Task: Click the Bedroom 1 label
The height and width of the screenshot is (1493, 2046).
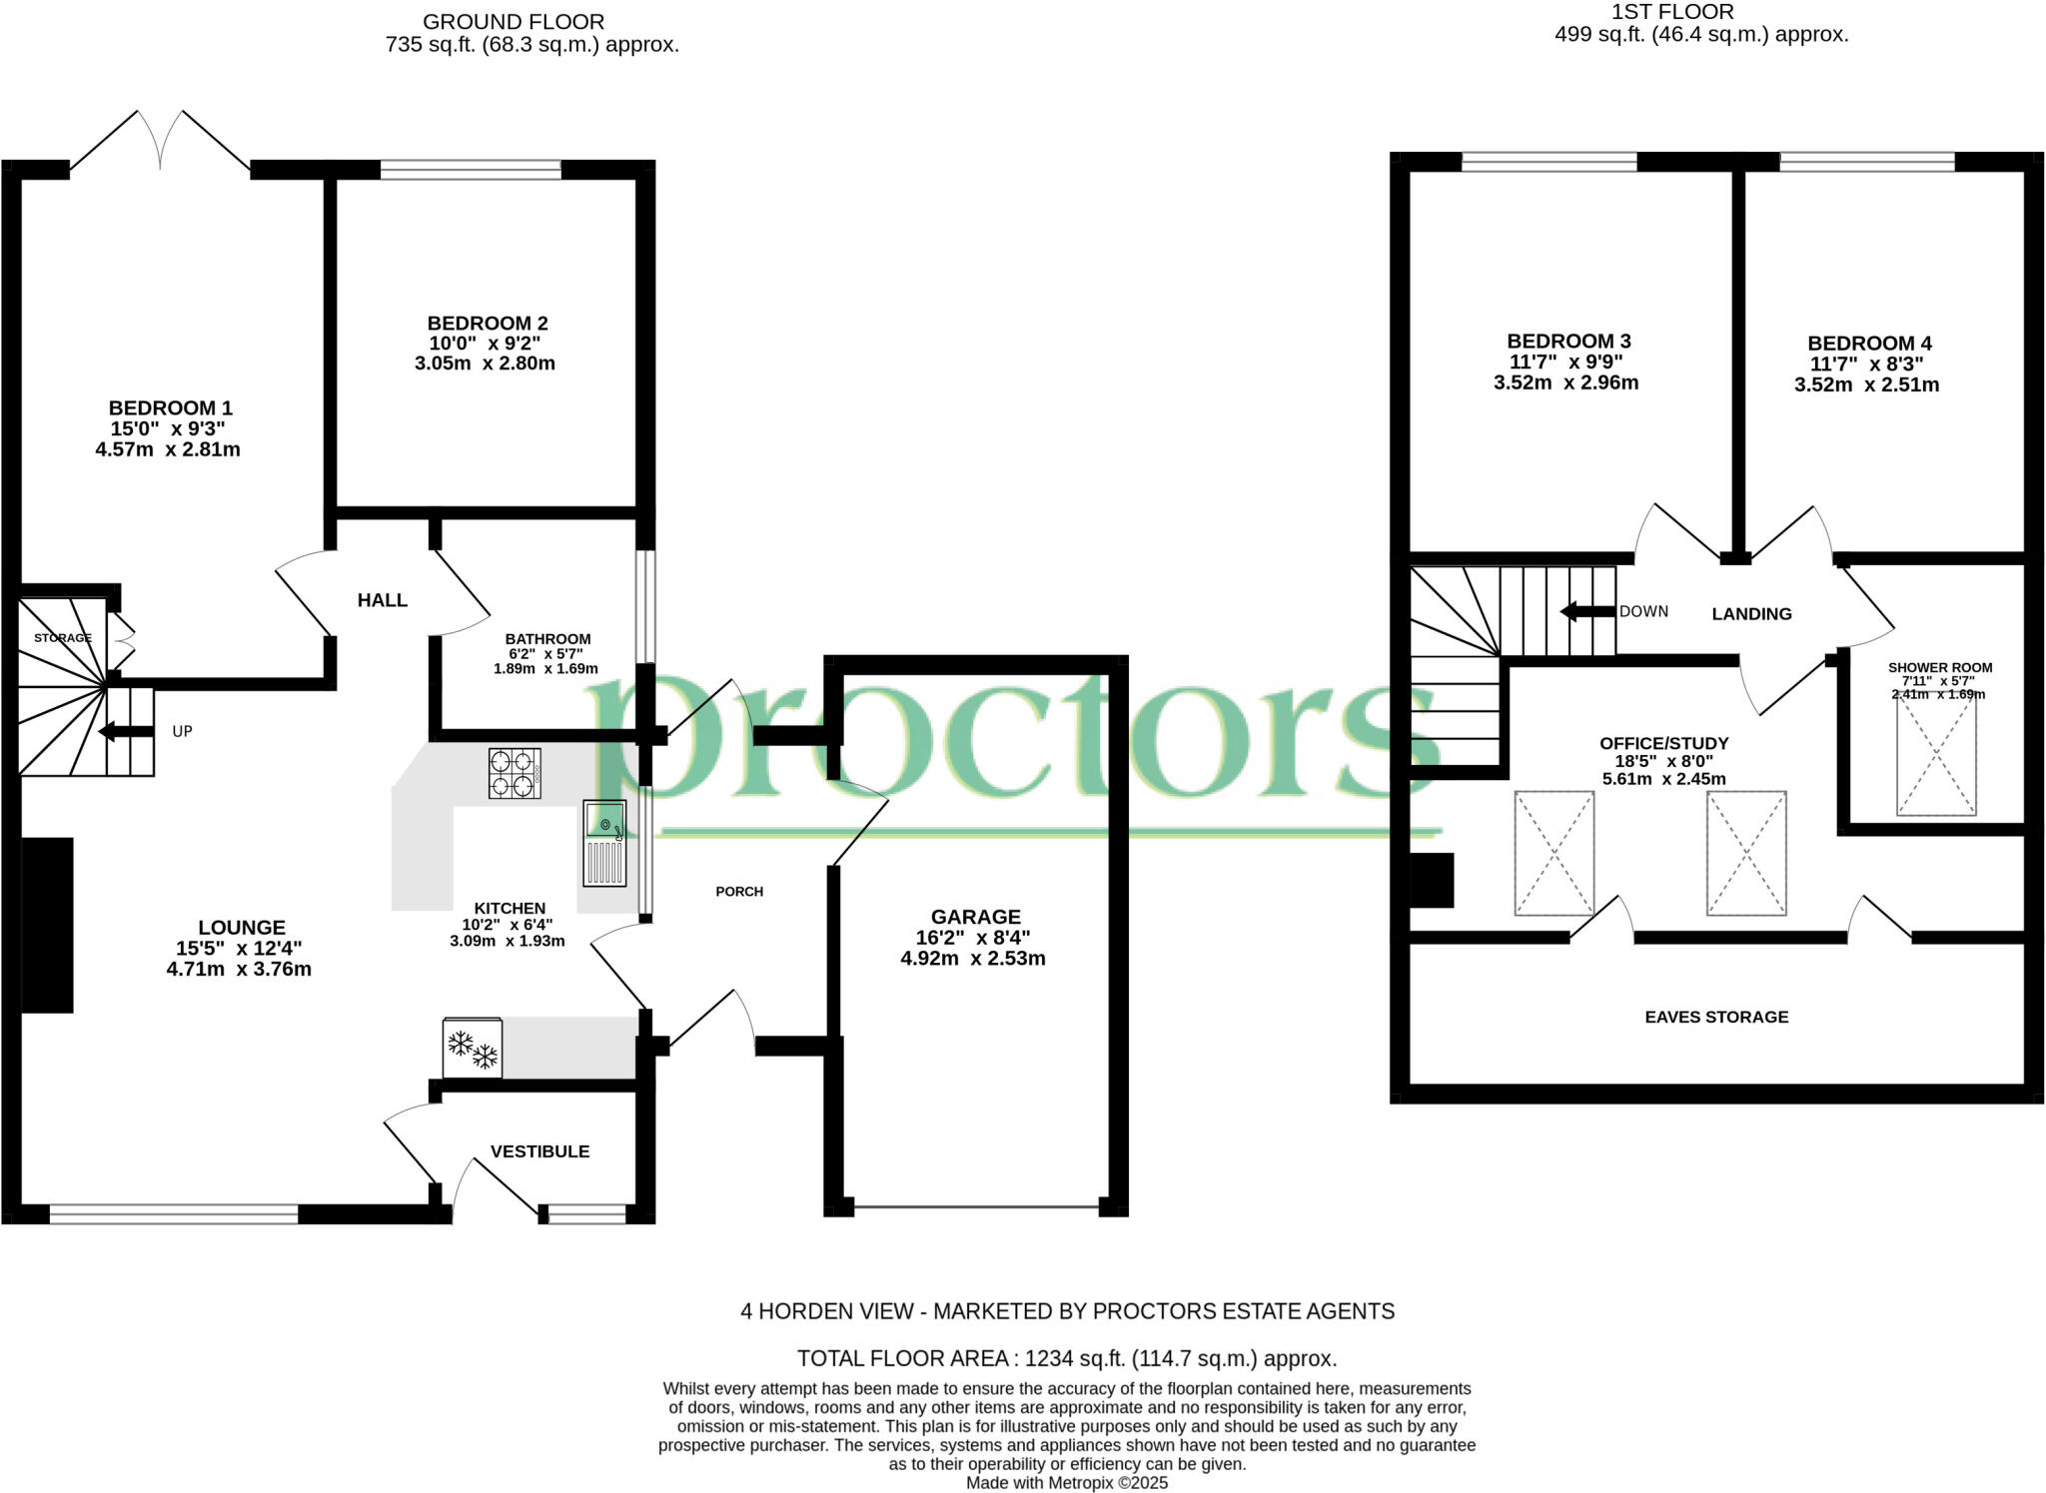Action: (x=170, y=407)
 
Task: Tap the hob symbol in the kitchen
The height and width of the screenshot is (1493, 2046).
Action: (x=514, y=773)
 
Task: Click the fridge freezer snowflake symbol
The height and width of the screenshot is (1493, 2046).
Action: (x=473, y=1049)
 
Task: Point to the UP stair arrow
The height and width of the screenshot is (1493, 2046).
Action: (x=126, y=732)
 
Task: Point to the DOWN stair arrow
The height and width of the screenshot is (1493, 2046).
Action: (x=1587, y=611)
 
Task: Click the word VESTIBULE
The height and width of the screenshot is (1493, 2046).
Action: (x=539, y=1151)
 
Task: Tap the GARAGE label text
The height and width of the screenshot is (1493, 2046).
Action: (x=975, y=917)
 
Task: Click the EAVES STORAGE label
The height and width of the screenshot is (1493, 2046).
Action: (x=1716, y=1017)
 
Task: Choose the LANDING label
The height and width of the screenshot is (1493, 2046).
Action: (x=1751, y=614)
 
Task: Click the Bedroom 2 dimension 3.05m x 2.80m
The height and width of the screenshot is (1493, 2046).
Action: (x=485, y=364)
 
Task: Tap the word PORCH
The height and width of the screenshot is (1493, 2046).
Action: (x=739, y=891)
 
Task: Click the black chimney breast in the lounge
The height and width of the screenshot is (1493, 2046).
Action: (x=47, y=925)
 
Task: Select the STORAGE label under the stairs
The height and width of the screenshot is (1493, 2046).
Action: (x=63, y=637)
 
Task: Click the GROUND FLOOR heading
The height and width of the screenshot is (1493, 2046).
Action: (x=513, y=21)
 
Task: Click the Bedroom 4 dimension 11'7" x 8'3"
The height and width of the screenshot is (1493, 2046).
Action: (x=1866, y=365)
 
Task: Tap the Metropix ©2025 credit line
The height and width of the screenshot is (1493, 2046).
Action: (x=1066, y=1483)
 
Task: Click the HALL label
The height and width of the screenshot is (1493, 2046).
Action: (x=383, y=600)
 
